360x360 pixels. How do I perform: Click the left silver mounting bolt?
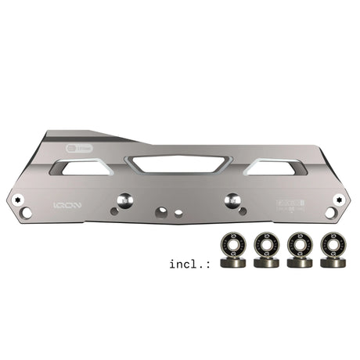[123, 200]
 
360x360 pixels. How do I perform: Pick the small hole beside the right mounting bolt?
[214, 211]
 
